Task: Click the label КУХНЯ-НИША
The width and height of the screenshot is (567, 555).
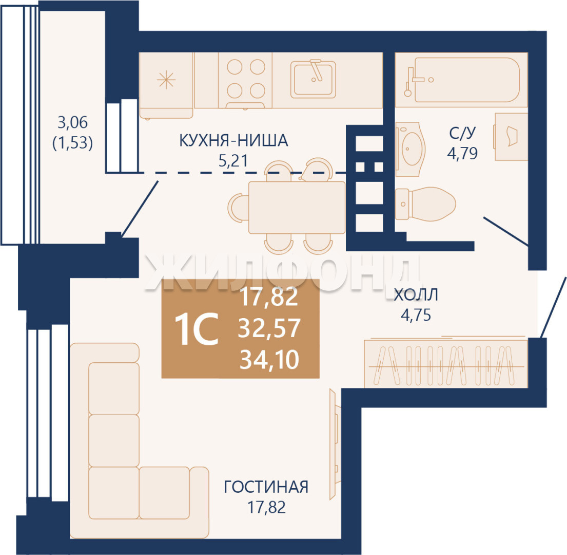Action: point(233,140)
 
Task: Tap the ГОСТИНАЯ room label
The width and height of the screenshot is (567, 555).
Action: point(266,486)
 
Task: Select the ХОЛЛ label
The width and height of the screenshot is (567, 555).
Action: point(416,295)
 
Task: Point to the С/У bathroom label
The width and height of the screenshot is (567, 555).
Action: point(463,134)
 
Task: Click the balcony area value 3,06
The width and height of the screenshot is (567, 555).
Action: point(72,123)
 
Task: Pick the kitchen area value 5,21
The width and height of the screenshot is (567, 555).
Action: point(233,161)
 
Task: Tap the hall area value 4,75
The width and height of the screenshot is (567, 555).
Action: point(415,314)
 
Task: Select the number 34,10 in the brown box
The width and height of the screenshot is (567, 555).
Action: point(269,361)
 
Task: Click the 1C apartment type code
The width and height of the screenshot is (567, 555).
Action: point(197,330)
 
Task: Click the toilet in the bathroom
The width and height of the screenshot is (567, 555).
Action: point(426,203)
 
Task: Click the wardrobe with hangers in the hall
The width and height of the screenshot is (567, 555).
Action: point(445,364)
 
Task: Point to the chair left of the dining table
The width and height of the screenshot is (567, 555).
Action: point(237,207)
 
